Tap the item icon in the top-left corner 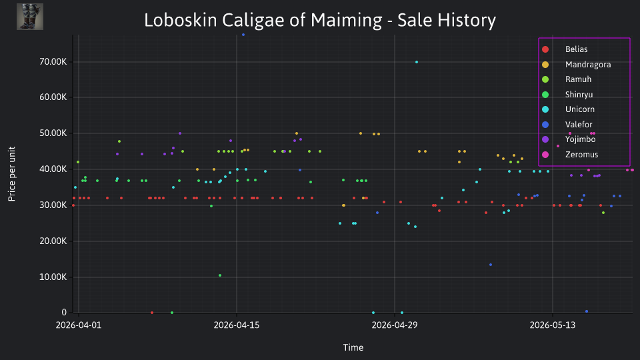pos(30,17)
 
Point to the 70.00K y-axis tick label pos(53,61)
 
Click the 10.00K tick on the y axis pos(53,277)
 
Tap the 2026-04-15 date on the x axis pos(236,325)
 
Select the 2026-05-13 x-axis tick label pos(552,325)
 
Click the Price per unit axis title pos(12,174)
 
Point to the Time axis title pos(353,347)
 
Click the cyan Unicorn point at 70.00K pos(416,62)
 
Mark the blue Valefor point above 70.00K pos(243,35)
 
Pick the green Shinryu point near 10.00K pos(220,275)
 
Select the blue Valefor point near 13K pos(491,265)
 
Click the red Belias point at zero pos(152,313)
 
